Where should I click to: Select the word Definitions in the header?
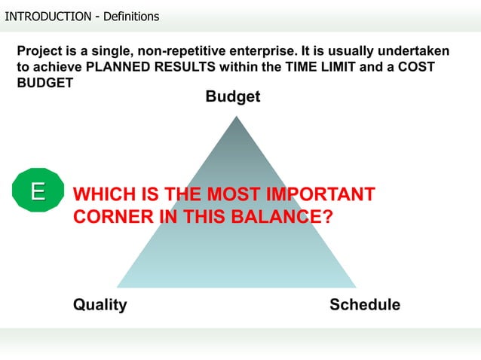click(127, 16)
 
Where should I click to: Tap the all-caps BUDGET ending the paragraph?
click(45, 83)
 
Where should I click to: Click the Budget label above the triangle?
click(233, 97)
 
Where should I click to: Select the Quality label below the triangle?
click(100, 305)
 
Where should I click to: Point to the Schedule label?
click(365, 305)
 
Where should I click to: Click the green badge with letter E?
click(35, 191)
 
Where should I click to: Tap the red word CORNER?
click(113, 217)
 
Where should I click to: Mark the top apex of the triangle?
click(234, 115)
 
